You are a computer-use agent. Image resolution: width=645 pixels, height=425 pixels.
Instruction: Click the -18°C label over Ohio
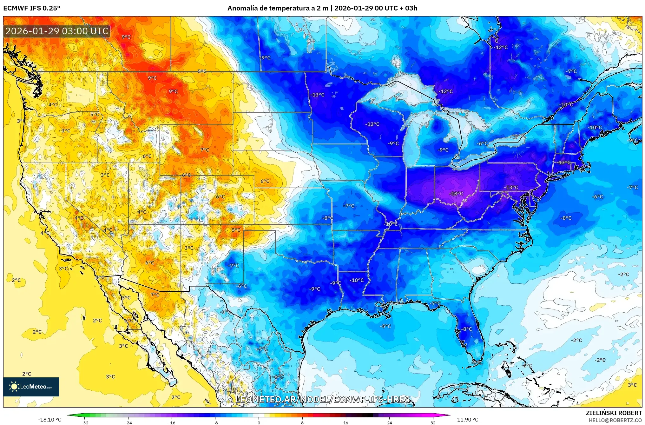[x=456, y=194]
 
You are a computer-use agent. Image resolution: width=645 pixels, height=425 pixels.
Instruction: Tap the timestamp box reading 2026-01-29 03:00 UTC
[x=57, y=31]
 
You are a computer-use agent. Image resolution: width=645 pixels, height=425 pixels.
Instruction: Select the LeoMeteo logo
[x=31, y=387]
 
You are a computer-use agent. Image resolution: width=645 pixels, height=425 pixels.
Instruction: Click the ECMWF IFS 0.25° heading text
[x=32, y=8]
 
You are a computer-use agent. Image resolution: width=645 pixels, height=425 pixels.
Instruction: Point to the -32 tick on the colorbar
[x=84, y=422]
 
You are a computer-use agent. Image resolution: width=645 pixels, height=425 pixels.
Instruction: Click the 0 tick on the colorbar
[x=259, y=422]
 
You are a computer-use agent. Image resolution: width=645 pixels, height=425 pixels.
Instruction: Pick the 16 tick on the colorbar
[x=346, y=422]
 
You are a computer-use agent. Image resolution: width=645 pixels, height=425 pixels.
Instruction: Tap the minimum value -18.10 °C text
[x=50, y=420]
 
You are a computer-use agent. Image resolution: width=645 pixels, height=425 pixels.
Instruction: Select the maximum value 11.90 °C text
[x=467, y=420]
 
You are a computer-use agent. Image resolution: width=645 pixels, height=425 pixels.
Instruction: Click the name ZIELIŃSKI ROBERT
[x=614, y=413]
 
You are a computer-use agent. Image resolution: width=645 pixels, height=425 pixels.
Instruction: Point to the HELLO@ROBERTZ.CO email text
[x=615, y=420]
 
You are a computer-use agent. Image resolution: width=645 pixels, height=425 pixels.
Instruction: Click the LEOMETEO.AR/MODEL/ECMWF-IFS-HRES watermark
[x=322, y=399]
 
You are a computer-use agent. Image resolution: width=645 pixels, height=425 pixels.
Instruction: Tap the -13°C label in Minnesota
[x=317, y=95]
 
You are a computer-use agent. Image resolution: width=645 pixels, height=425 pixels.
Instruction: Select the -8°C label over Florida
[x=467, y=329]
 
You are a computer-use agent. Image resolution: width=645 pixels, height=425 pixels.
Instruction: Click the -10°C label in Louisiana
[x=357, y=280]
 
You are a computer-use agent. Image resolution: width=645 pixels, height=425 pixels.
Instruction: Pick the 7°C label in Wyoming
[x=205, y=150]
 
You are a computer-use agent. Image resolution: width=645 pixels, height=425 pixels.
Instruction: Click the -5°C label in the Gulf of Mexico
[x=385, y=326]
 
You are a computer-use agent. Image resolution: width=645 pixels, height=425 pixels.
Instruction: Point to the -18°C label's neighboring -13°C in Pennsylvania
[x=511, y=187]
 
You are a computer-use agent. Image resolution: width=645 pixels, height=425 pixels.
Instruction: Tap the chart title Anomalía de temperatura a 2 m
[x=278, y=8]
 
